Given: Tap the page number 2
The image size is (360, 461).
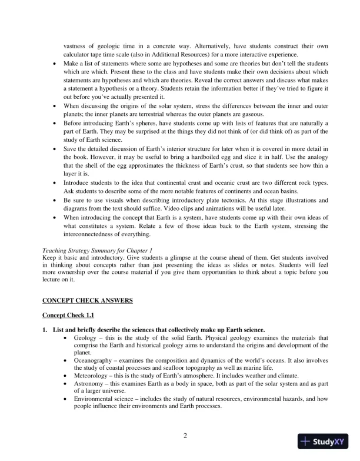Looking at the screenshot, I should tap(185, 436).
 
